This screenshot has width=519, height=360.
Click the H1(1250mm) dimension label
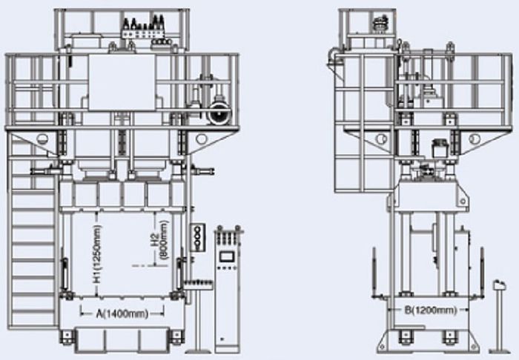[96, 254]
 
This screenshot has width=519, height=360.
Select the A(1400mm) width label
[122, 313]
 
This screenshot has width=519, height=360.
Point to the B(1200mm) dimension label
[431, 310]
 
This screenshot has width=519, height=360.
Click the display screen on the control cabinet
[227, 256]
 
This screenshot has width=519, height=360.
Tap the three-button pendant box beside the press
[198, 238]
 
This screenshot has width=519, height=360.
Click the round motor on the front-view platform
[219, 113]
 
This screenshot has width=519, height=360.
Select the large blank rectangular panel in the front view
[122, 82]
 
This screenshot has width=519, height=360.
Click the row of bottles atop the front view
[144, 24]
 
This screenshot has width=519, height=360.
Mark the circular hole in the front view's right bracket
[201, 139]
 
